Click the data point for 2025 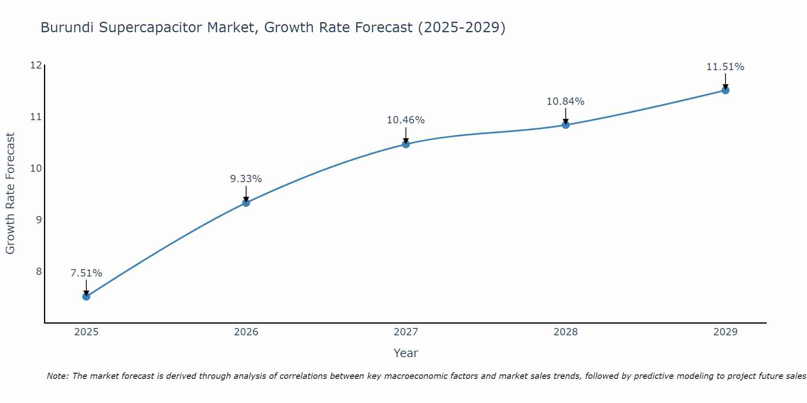(x=86, y=297)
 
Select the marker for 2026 (x=246, y=203)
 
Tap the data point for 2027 (x=406, y=144)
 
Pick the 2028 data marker (x=566, y=125)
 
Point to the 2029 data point (x=725, y=90)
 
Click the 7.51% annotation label (x=86, y=273)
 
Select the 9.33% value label (x=246, y=179)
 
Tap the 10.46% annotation (x=406, y=120)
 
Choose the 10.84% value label (x=566, y=102)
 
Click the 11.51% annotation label (x=725, y=67)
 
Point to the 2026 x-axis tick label (x=246, y=332)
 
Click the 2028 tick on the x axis (x=566, y=332)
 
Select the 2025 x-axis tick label (x=86, y=332)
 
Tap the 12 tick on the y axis (x=36, y=65)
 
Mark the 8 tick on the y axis (x=39, y=271)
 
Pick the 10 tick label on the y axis (x=36, y=168)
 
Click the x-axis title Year (x=406, y=353)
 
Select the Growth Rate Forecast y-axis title (x=10, y=193)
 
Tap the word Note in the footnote (x=58, y=376)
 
